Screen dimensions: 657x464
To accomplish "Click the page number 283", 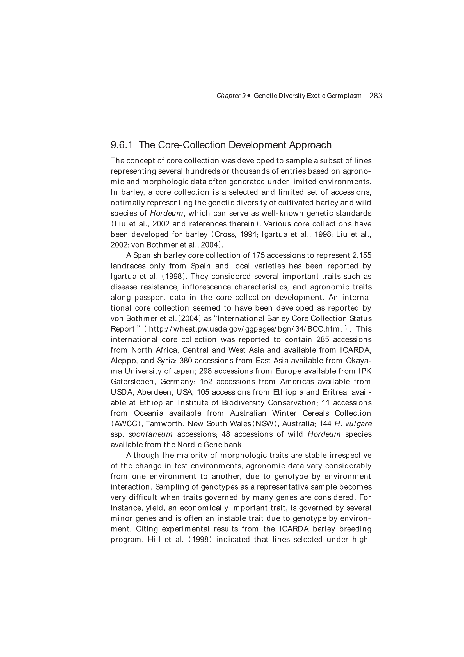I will point(376,96).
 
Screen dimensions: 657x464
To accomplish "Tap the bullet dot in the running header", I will point(249,96).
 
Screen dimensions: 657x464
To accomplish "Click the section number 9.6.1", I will point(122,145).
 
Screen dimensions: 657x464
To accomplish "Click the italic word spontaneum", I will point(151,434).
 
